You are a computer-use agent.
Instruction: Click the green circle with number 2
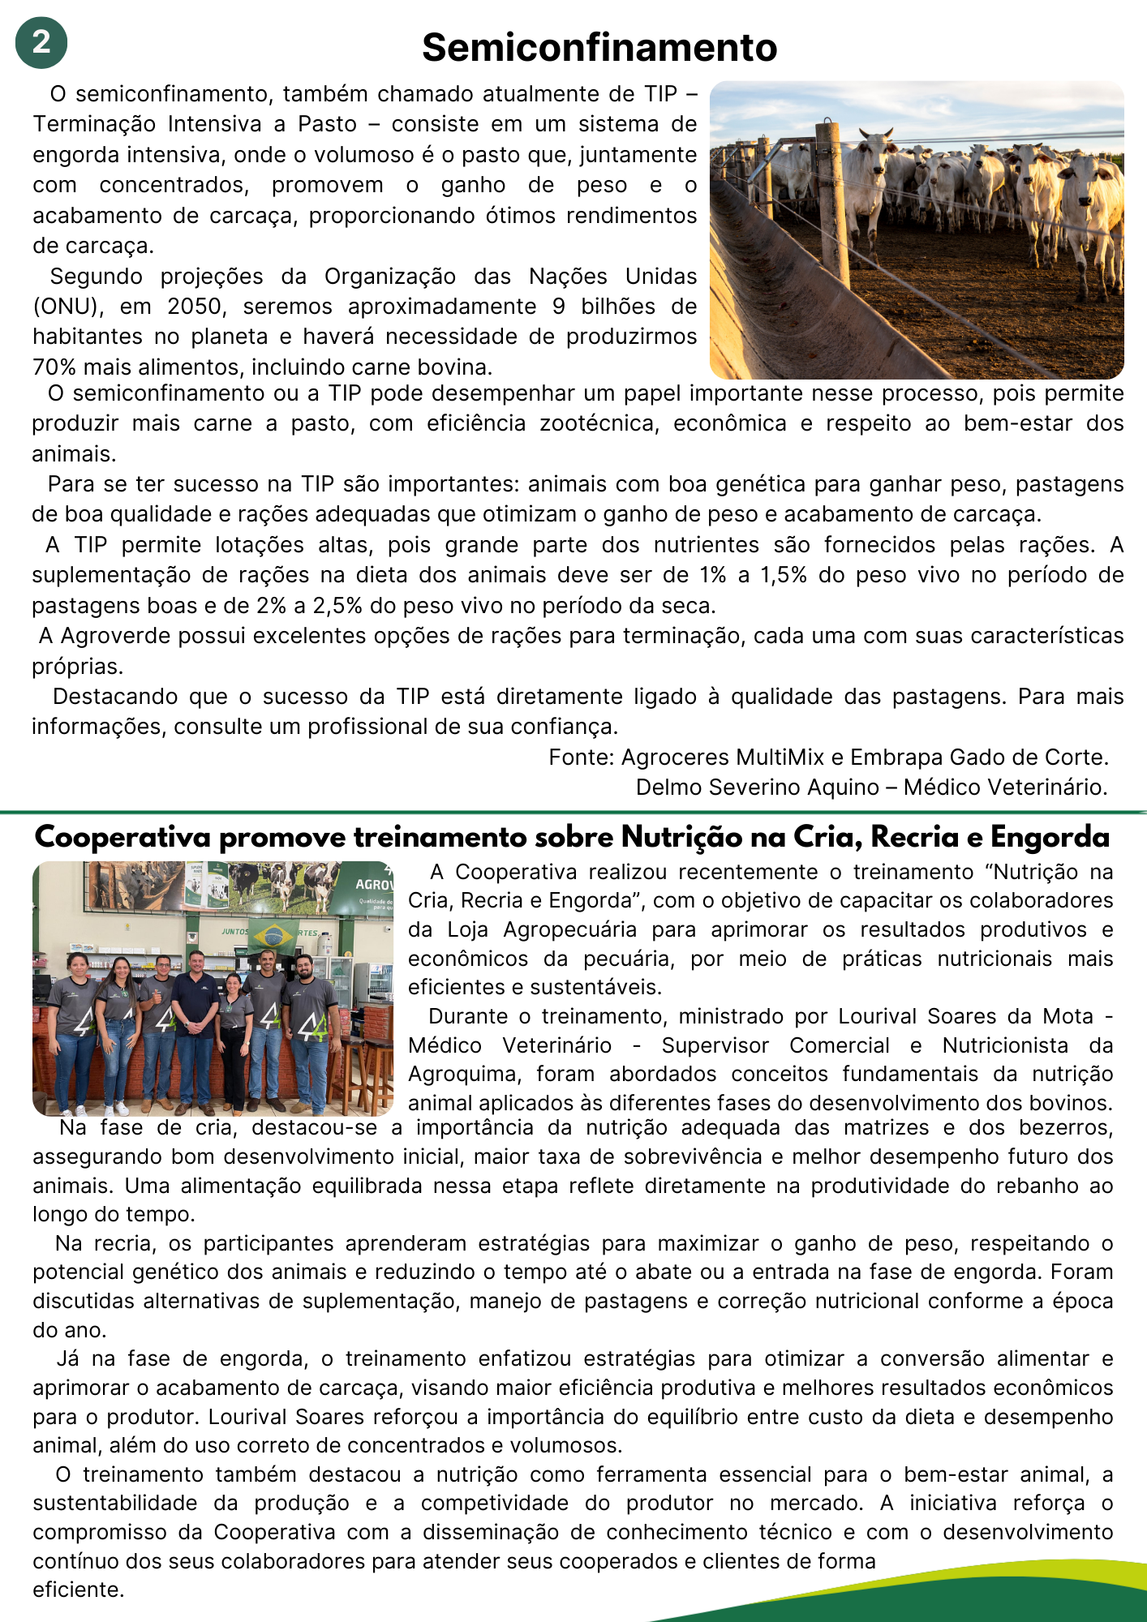(41, 42)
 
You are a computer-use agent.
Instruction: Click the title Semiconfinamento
(599, 48)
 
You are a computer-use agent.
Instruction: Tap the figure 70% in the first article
(54, 367)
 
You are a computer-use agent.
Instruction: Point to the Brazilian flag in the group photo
(273, 935)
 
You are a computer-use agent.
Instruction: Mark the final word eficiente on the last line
(77, 1590)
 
